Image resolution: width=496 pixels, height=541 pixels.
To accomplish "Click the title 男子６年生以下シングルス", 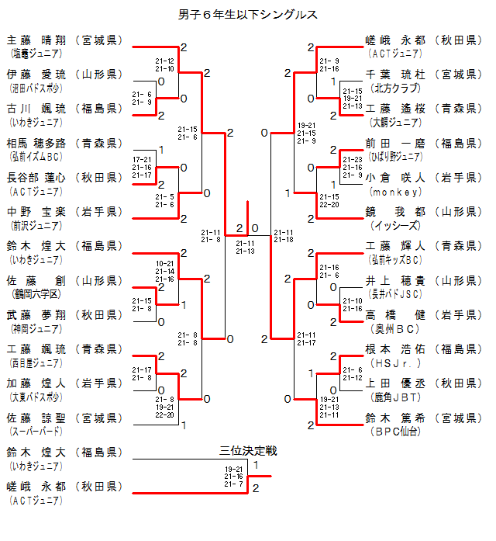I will pos(247,14).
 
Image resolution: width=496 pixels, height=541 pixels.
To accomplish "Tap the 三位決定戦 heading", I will pos(247,450).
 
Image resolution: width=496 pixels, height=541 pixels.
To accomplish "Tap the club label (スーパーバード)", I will pos(35,431).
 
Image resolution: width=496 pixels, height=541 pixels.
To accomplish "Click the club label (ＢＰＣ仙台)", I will pos(396,431).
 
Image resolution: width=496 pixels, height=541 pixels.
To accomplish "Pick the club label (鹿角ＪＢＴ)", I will pos(396,397).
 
